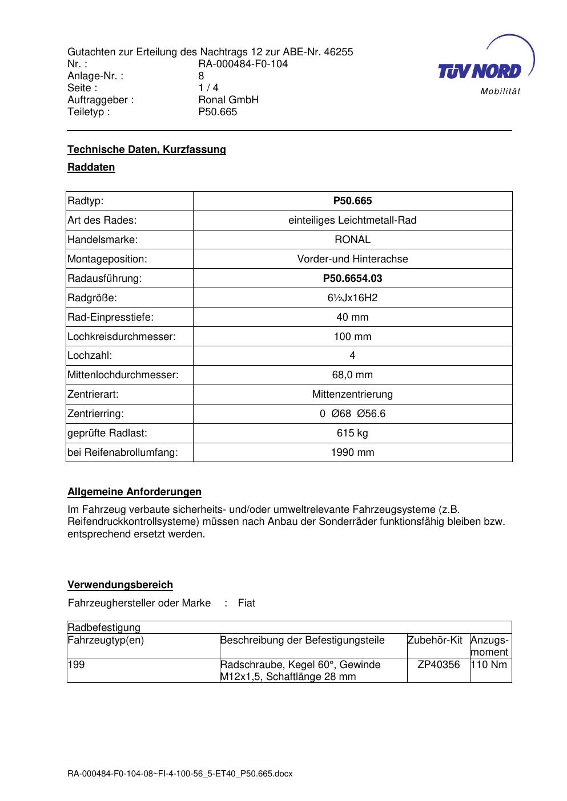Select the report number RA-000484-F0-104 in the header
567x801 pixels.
[x=243, y=64]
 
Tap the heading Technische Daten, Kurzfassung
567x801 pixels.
[x=147, y=149]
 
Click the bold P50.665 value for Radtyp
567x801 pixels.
[x=352, y=201]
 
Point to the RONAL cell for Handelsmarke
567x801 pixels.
[x=352, y=240]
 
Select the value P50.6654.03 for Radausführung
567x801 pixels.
[x=352, y=278]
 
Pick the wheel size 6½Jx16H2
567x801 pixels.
[x=352, y=298]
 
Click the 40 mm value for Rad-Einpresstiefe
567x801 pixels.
[x=352, y=317]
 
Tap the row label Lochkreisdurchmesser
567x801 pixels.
[x=122, y=337]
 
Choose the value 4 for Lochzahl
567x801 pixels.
[x=352, y=355]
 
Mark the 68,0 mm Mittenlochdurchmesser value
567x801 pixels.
[x=352, y=375]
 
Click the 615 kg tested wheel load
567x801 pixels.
[x=352, y=433]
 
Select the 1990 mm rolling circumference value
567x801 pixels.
[x=352, y=452]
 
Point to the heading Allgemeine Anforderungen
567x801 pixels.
[x=134, y=492]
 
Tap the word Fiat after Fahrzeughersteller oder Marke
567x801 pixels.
[x=247, y=603]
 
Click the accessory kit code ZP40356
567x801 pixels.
[x=439, y=665]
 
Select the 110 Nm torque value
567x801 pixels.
[x=489, y=665]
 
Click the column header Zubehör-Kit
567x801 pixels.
[x=435, y=640]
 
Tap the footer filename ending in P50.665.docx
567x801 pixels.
[x=180, y=774]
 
